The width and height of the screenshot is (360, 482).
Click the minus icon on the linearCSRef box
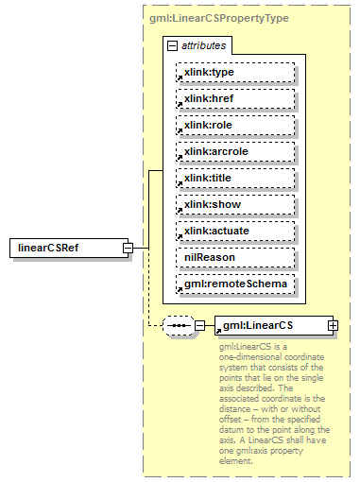[x=127, y=249]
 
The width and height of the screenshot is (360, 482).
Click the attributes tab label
[x=202, y=45]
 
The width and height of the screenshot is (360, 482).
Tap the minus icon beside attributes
[x=171, y=45]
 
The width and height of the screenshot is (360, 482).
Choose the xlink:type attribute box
[x=234, y=72]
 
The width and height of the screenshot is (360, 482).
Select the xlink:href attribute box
[x=234, y=98]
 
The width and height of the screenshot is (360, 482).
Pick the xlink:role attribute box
[x=234, y=125]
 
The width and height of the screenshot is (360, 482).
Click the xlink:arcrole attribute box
[x=234, y=151]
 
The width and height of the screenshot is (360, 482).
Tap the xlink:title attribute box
[x=234, y=178]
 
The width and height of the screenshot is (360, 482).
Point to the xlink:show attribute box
[x=234, y=204]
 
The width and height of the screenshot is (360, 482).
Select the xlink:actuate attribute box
[x=234, y=231]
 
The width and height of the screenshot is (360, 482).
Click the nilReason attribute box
[x=234, y=257]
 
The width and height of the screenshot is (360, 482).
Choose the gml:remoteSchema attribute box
[x=234, y=284]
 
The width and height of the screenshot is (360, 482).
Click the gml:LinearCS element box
[x=270, y=326]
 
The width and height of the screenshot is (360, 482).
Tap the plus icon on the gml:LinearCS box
[x=333, y=326]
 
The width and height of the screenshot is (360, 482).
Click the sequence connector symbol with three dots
[x=178, y=326]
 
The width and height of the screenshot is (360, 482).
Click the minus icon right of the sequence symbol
[x=199, y=326]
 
